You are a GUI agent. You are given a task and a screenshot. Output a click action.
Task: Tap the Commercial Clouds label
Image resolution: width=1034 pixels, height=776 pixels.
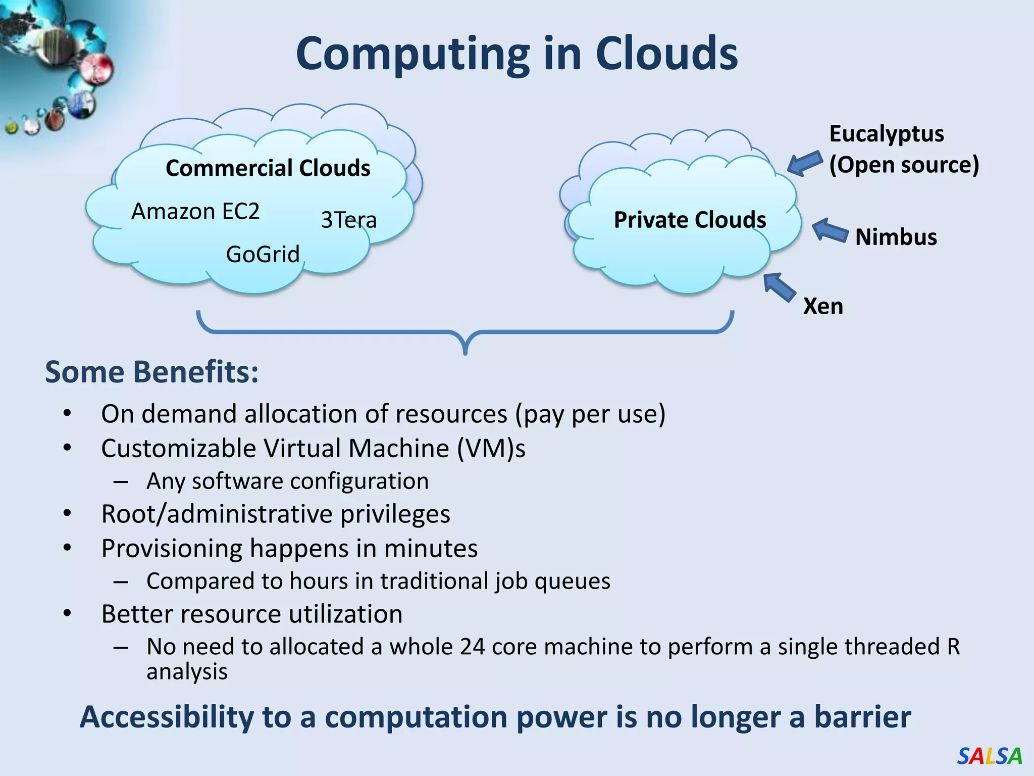point(268,168)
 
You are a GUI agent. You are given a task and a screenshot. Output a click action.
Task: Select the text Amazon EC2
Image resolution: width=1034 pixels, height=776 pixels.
point(195,211)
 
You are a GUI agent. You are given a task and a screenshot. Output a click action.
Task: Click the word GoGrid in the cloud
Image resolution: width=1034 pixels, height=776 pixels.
point(263,254)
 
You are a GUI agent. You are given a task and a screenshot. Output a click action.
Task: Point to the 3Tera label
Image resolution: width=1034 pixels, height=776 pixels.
point(348,220)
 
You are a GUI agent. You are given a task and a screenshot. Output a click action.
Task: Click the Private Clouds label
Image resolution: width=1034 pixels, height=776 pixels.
point(690,220)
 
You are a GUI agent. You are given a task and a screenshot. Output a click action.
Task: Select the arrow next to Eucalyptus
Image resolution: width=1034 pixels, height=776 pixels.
point(805,163)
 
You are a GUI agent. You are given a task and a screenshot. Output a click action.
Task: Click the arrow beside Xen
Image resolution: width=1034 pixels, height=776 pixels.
point(779,287)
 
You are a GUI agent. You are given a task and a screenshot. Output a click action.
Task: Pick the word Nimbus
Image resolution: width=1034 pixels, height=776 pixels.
point(896,237)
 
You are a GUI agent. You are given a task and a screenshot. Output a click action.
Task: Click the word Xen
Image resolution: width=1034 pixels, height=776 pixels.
point(823,306)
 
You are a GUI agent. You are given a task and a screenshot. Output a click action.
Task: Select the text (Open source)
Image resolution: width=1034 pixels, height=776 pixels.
point(904,165)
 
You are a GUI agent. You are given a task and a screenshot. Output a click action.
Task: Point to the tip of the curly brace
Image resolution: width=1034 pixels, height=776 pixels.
point(465,352)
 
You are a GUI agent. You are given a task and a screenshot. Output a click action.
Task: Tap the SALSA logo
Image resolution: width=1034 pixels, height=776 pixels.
point(989,756)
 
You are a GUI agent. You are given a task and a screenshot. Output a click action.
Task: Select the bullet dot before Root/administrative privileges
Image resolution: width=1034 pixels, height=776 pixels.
point(68,514)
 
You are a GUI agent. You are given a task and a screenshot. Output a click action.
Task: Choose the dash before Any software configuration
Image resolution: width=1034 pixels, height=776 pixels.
point(121,482)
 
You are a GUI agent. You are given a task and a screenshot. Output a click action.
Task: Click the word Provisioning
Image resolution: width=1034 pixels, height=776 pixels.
point(172,549)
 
